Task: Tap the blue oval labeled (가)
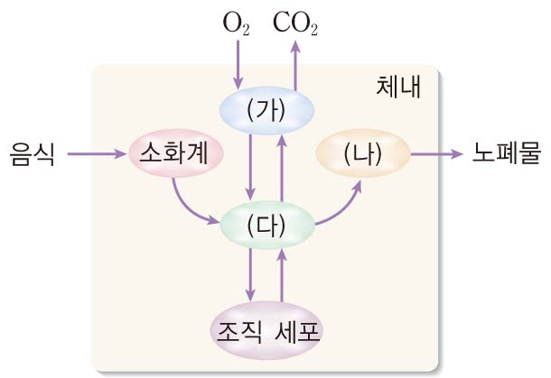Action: [x=266, y=109]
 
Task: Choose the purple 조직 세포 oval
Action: [x=266, y=331]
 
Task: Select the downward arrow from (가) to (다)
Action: [x=252, y=166]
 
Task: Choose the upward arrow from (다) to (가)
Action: [x=282, y=166]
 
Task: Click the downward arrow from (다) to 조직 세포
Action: [x=252, y=275]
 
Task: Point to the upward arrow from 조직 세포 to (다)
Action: [x=282, y=275]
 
